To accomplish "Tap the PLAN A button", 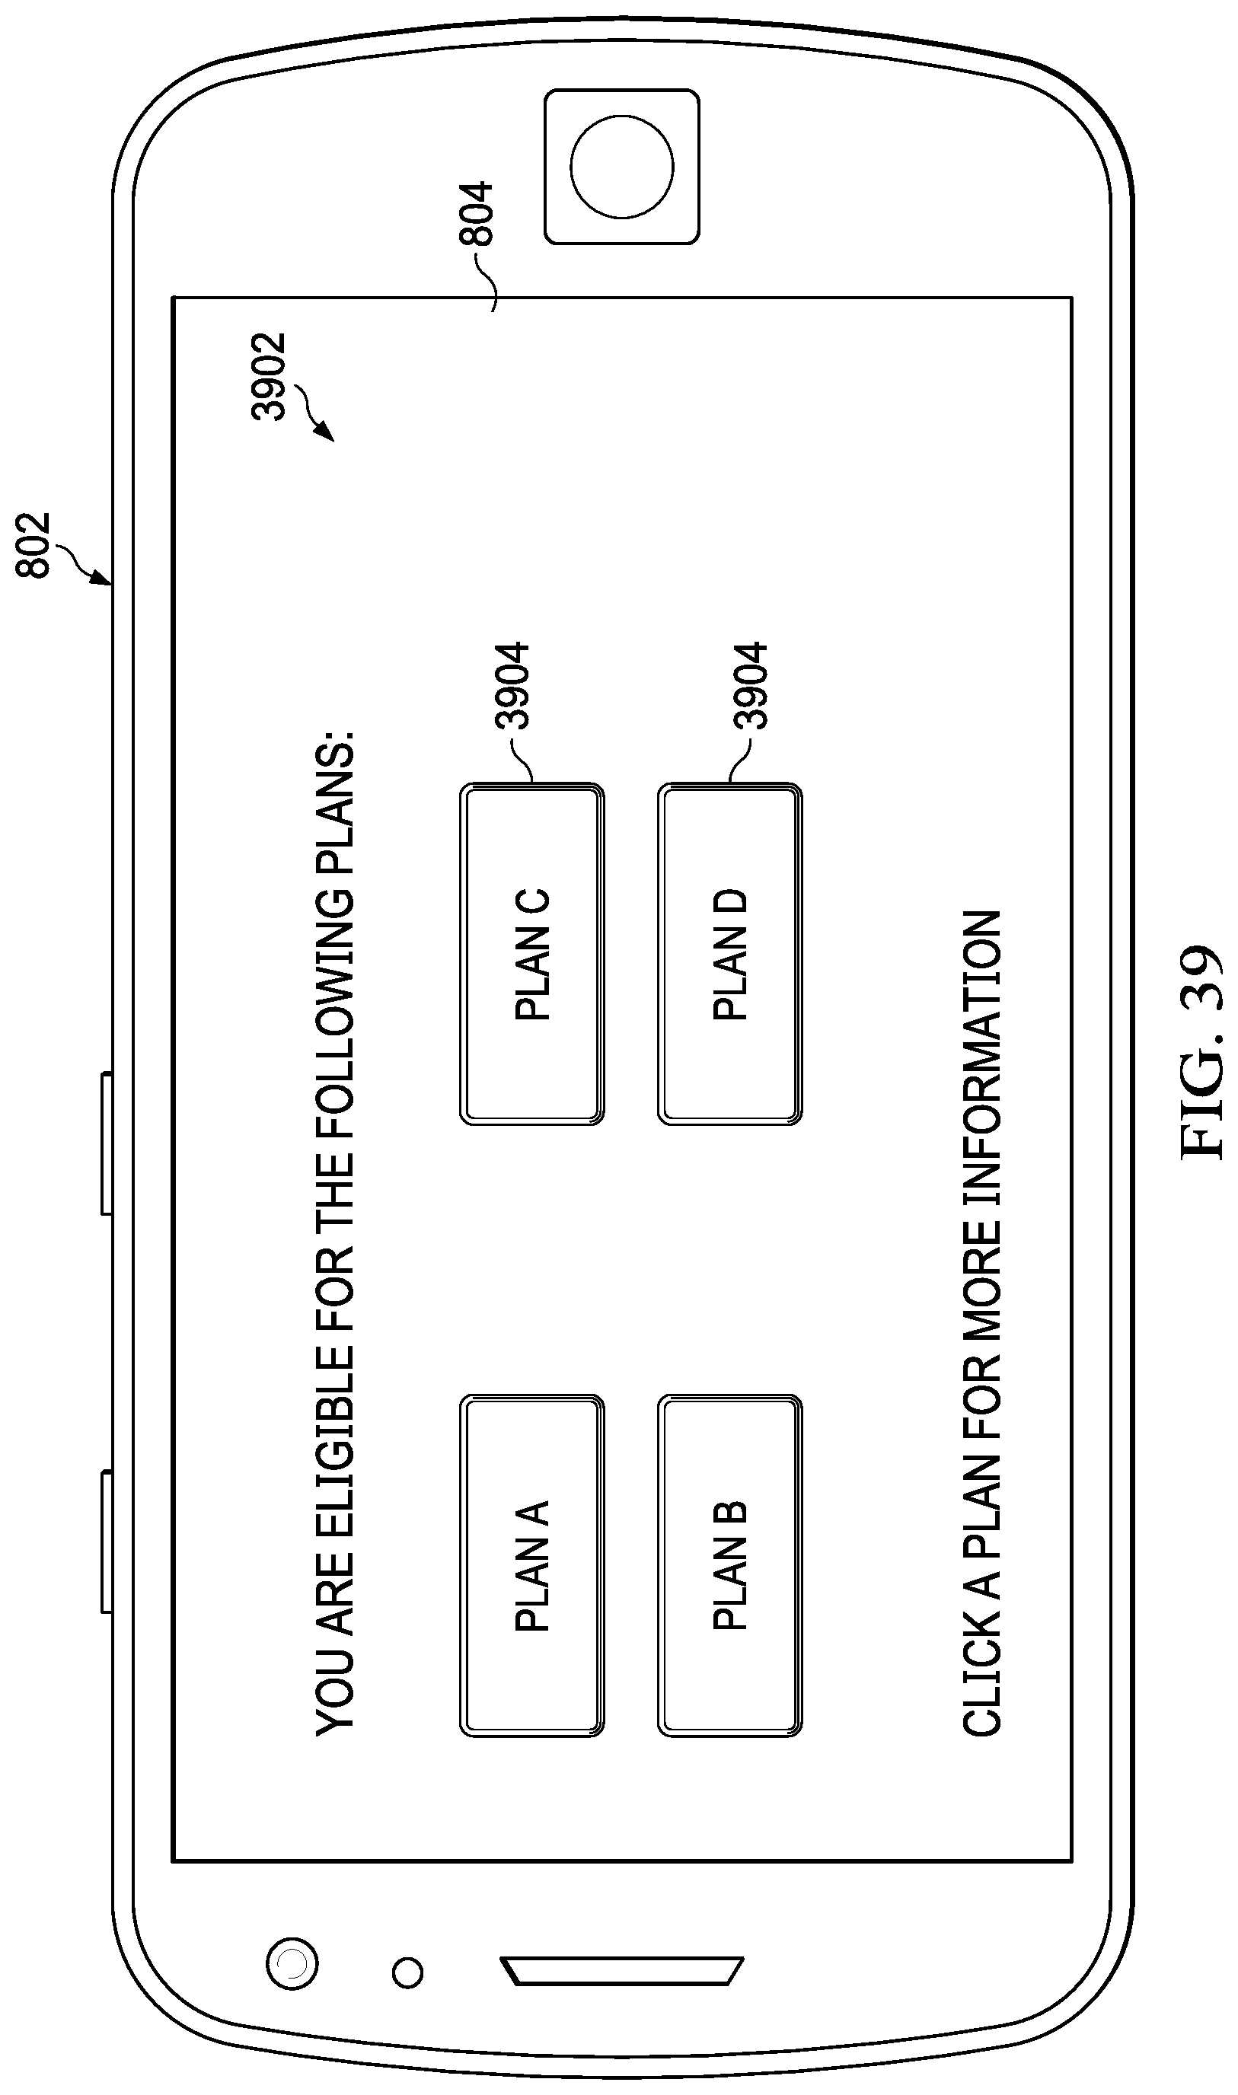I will click(531, 1565).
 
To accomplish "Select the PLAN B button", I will click(730, 1565).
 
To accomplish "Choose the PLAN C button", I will click(531, 954).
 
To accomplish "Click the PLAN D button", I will click(730, 954).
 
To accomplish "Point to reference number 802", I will click(34, 544).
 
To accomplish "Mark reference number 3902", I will click(269, 376).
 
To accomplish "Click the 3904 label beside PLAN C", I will click(512, 686).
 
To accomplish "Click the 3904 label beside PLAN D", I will click(750, 686).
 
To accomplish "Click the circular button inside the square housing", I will click(621, 167).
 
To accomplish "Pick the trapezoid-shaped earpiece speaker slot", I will click(621, 1972).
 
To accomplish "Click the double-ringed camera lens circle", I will click(291, 1963).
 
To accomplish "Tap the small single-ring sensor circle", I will click(407, 1972).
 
